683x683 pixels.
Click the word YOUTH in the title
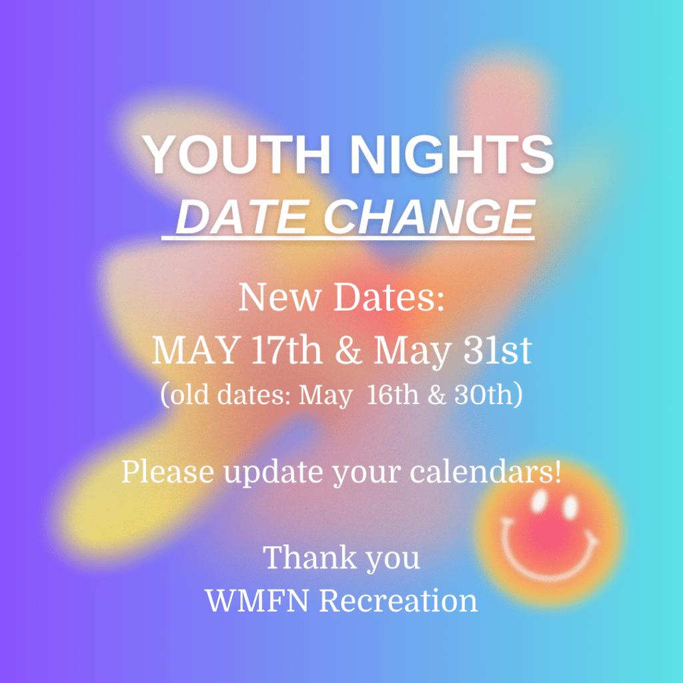coord(237,154)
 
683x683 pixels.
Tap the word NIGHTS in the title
coord(452,154)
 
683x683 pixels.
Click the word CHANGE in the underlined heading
coord(430,217)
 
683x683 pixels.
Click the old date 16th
coord(392,395)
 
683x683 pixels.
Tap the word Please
coord(167,472)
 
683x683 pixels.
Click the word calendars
coord(482,472)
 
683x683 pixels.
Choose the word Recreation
coord(399,600)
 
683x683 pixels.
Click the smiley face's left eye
coord(539,501)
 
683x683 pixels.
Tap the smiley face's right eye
coord(570,507)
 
